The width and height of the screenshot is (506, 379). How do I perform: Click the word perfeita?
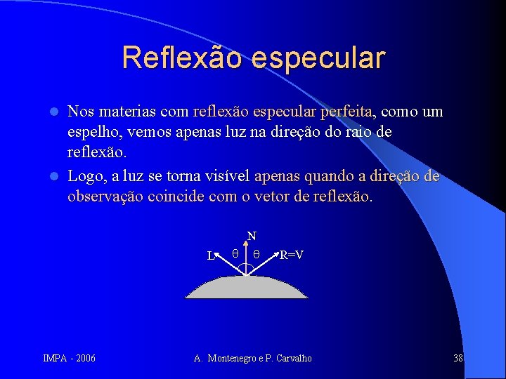click(347, 112)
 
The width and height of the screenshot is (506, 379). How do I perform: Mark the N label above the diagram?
click(252, 237)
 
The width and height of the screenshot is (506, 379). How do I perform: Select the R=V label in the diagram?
click(292, 255)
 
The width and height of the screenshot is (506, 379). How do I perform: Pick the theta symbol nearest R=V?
click(257, 255)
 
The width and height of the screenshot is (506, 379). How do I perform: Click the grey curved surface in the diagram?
click(247, 288)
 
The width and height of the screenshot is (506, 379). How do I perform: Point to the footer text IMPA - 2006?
click(70, 359)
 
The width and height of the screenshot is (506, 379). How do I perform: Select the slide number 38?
click(458, 359)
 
